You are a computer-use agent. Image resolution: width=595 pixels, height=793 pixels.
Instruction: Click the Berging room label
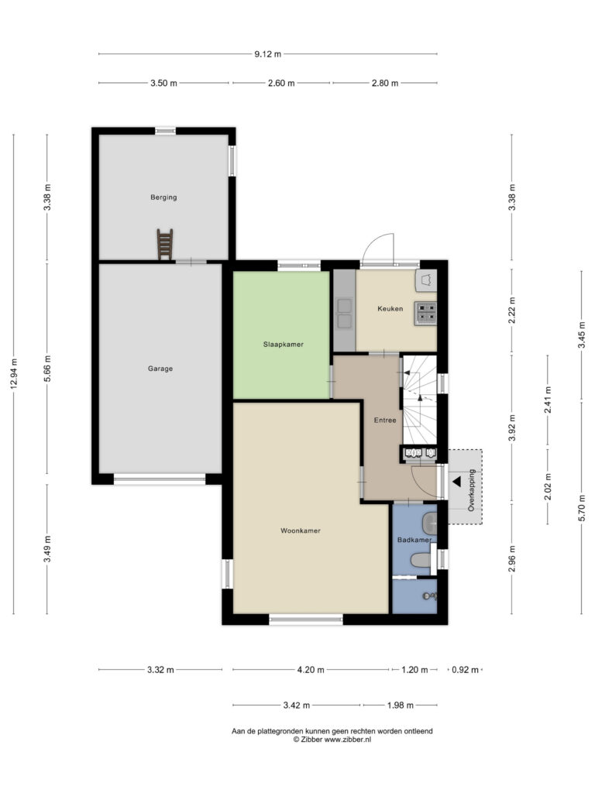click(163, 197)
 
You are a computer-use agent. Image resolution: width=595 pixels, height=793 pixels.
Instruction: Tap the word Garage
click(160, 369)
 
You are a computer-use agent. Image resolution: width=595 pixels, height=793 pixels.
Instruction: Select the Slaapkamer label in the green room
click(284, 345)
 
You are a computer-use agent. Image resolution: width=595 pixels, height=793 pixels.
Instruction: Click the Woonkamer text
click(301, 530)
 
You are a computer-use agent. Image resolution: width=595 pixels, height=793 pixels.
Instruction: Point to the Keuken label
click(390, 308)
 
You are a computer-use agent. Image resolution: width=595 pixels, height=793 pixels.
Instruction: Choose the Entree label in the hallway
click(385, 421)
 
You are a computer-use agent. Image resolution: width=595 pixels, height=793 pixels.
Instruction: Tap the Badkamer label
click(414, 540)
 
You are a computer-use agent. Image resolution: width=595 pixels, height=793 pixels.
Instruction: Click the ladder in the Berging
click(164, 244)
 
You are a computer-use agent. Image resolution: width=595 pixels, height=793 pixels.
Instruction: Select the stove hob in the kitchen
click(425, 313)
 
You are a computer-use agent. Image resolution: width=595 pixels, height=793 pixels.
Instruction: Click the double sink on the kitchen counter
click(345, 313)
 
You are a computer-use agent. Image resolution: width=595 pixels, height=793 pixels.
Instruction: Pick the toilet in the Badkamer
click(421, 560)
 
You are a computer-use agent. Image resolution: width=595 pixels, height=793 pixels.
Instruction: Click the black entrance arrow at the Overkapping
click(457, 482)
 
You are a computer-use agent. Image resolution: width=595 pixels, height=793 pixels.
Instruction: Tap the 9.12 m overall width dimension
click(267, 54)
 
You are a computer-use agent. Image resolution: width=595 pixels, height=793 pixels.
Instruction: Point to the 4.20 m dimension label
click(311, 670)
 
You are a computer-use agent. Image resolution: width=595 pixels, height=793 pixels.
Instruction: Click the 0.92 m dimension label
click(465, 670)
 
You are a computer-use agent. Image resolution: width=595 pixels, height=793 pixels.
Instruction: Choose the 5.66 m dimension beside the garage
click(47, 368)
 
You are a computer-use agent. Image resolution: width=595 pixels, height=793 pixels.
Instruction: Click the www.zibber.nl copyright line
click(332, 740)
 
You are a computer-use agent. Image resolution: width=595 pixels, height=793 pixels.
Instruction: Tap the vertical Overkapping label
click(472, 490)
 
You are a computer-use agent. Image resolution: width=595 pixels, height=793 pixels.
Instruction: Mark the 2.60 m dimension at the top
click(281, 83)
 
